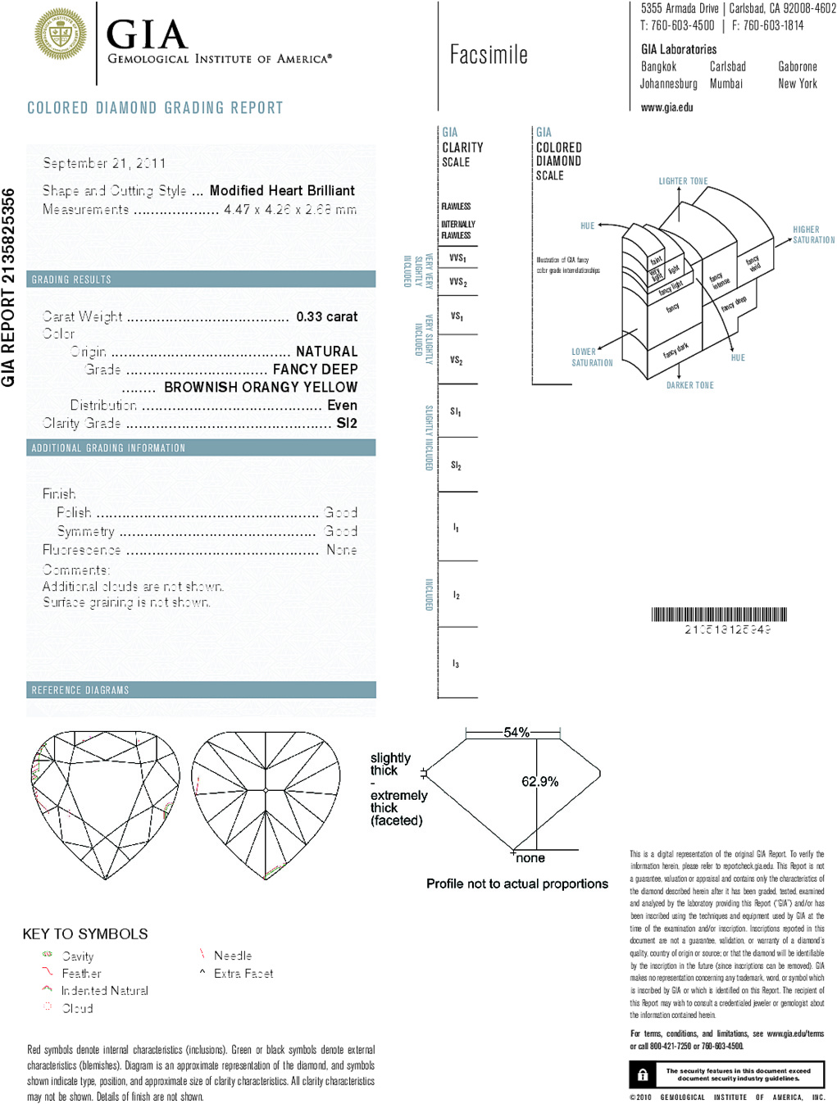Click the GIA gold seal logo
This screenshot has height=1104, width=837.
61,34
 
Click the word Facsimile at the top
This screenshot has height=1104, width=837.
489,55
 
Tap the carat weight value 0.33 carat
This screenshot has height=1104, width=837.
326,316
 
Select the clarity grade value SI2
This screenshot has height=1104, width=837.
347,423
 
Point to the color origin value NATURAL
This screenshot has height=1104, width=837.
326,351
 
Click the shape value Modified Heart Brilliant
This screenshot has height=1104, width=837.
282,190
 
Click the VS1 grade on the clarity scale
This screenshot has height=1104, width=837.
457,316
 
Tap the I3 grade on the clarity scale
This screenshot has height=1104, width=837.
456,664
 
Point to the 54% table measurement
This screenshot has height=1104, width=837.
516,732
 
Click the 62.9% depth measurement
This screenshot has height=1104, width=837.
539,782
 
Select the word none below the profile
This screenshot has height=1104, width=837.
530,858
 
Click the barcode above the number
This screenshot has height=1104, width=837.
719,615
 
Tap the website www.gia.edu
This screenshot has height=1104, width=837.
666,107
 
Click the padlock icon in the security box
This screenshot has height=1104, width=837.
643,1074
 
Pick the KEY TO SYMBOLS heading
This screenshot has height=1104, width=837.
85,934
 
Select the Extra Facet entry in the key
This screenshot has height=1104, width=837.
243,974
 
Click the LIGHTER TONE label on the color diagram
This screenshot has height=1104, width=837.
683,181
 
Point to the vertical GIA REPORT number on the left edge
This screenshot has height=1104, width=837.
9,287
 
